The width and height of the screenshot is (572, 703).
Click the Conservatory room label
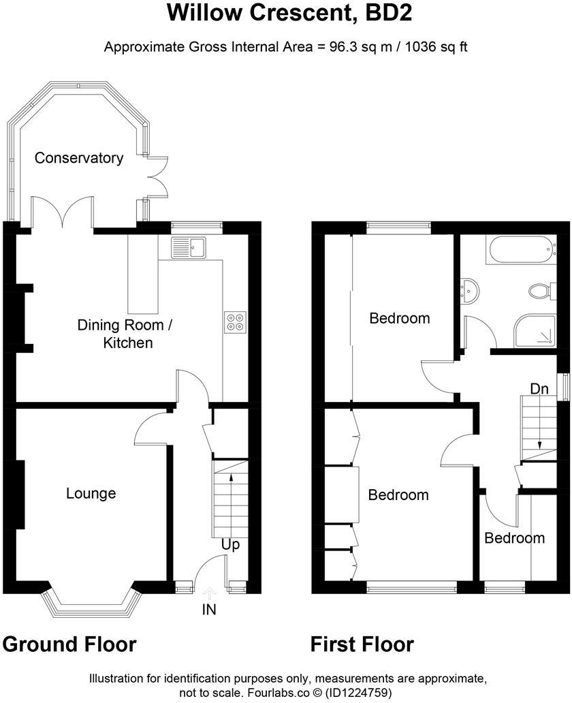click(x=79, y=158)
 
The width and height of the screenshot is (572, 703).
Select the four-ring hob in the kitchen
click(x=236, y=322)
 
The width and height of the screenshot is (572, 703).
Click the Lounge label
click(x=91, y=493)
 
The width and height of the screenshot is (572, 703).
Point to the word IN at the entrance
click(x=208, y=610)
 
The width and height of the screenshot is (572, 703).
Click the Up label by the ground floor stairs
click(x=230, y=545)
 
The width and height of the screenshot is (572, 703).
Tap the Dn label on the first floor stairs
click(x=540, y=388)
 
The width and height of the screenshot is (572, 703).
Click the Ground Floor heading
click(x=69, y=644)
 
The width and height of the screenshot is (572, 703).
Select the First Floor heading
click(x=362, y=644)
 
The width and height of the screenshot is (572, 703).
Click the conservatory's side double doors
click(x=157, y=177)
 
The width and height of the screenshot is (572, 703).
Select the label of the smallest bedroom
click(x=514, y=538)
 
